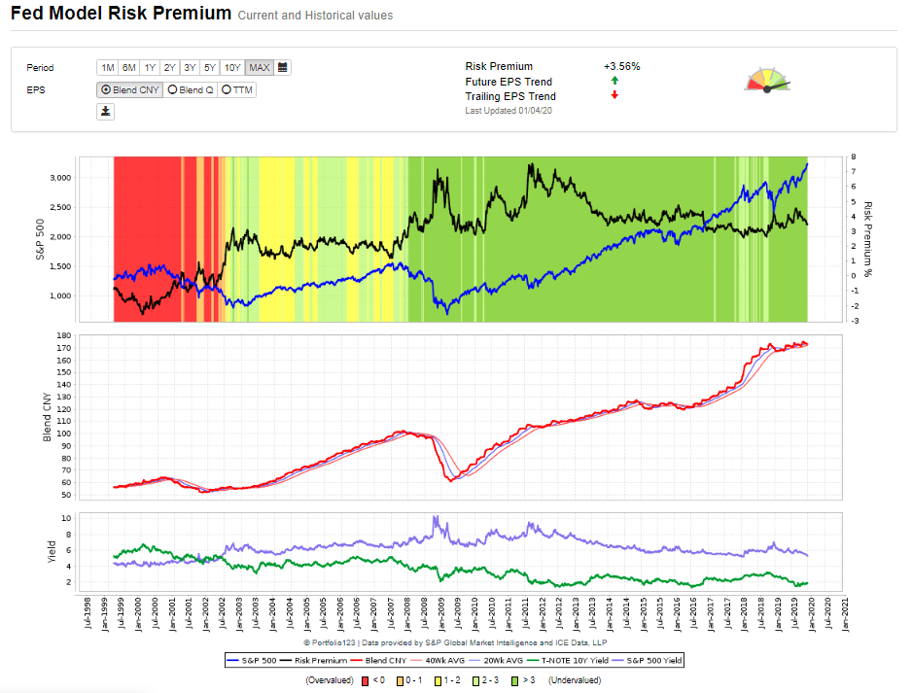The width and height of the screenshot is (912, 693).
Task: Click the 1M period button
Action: [x=107, y=68]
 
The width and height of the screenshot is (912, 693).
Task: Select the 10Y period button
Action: [x=232, y=68]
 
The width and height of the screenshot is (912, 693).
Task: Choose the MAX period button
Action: [x=259, y=68]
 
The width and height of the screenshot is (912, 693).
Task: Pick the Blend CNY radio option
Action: [x=130, y=89]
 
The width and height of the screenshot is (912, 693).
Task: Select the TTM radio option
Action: [x=237, y=89]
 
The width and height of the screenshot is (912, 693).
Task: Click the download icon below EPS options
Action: [x=106, y=112]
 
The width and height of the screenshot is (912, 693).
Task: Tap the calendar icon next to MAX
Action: [x=282, y=68]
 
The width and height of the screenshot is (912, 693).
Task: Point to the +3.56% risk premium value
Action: [x=621, y=67]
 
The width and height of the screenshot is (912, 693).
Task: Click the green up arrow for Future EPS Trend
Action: [x=614, y=82]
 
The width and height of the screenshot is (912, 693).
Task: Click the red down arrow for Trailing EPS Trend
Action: [x=614, y=95]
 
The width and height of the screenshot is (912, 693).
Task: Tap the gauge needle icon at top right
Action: [x=767, y=81]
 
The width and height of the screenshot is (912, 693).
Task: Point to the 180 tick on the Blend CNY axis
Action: [x=65, y=336]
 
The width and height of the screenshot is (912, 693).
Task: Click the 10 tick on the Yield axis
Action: [x=68, y=518]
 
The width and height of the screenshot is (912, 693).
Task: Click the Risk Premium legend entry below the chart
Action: [x=321, y=660]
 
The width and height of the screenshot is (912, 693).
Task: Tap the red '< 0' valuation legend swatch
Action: [x=365, y=680]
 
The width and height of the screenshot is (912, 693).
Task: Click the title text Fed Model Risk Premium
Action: [x=122, y=14]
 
